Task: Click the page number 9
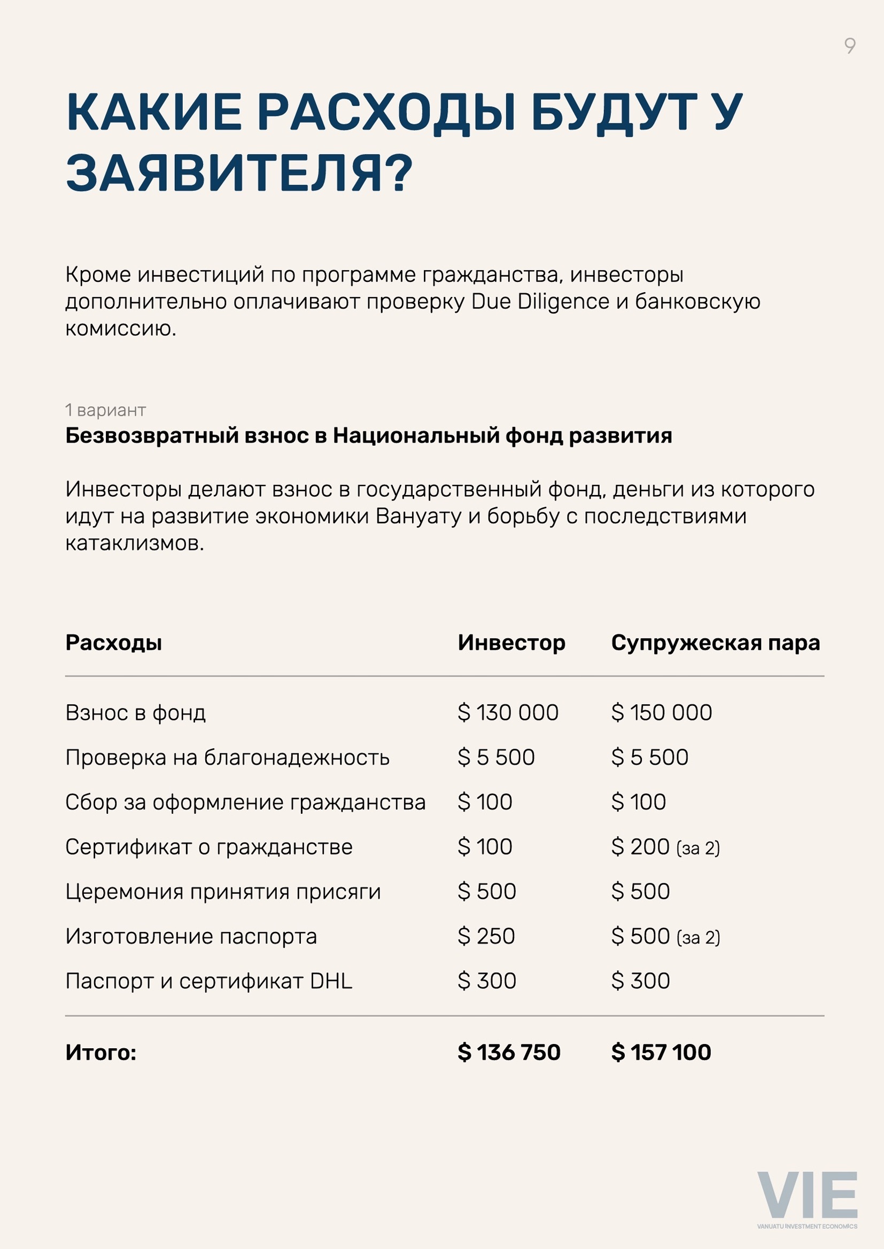pyautogui.click(x=849, y=46)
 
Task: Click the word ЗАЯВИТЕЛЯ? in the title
pyautogui.click(x=239, y=173)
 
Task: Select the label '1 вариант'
pyautogui.click(x=106, y=410)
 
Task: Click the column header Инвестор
pyautogui.click(x=511, y=643)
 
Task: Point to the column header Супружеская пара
pyautogui.click(x=715, y=643)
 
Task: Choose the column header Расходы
pyautogui.click(x=114, y=643)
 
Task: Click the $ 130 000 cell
pyautogui.click(x=508, y=713)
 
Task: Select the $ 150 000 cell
pyautogui.click(x=661, y=713)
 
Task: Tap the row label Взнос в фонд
pyautogui.click(x=136, y=713)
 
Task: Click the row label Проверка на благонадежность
pyautogui.click(x=228, y=757)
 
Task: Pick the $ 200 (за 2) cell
pyautogui.click(x=665, y=847)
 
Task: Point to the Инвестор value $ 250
pyautogui.click(x=486, y=936)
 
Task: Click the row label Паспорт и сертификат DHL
pyautogui.click(x=209, y=981)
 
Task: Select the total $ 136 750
pyautogui.click(x=509, y=1052)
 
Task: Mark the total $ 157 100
pyautogui.click(x=661, y=1052)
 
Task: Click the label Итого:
pyautogui.click(x=100, y=1052)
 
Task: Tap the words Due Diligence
pyautogui.click(x=540, y=302)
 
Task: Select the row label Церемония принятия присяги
pyautogui.click(x=223, y=892)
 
